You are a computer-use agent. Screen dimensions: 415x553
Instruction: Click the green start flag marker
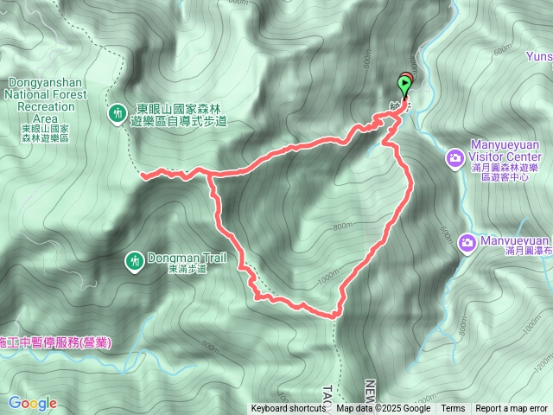pyautogui.click(x=404, y=84)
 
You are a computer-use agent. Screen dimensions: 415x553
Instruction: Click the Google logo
pyautogui.click(x=32, y=403)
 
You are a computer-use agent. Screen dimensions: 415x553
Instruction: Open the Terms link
pyautogui.click(x=453, y=409)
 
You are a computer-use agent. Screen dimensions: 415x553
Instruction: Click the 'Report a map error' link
pyautogui.click(x=512, y=409)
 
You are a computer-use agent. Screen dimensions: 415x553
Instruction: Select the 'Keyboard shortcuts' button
pyautogui.click(x=289, y=409)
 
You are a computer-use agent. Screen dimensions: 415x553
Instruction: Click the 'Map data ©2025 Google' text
pyautogui.click(x=383, y=409)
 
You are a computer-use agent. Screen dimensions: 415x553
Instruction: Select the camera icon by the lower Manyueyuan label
pyautogui.click(x=467, y=242)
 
